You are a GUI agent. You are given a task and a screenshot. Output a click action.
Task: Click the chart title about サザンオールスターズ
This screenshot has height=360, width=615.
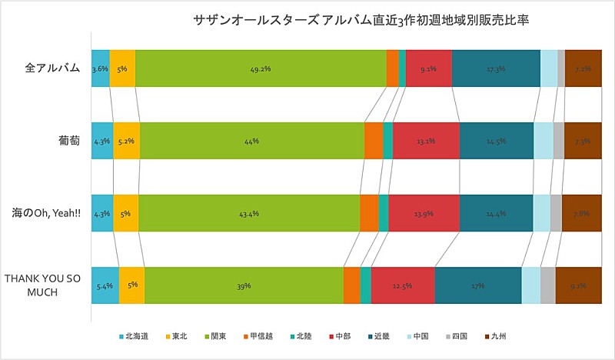click(x=361, y=21)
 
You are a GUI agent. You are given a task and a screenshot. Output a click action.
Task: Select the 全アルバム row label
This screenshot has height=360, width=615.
click(x=53, y=68)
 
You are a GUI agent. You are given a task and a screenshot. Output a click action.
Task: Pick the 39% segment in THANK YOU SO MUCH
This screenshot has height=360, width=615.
click(x=243, y=285)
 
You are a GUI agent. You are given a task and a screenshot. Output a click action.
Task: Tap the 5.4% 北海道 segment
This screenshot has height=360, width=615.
click(x=105, y=285)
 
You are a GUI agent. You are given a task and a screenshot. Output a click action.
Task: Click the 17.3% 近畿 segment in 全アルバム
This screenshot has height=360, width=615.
click(x=496, y=68)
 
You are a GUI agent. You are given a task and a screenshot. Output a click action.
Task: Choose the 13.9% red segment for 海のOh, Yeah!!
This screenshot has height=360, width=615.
click(x=424, y=213)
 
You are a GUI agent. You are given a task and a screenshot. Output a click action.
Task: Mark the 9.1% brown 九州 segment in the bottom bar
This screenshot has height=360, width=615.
click(x=578, y=285)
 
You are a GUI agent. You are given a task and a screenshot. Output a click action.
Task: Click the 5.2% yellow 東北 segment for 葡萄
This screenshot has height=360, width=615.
click(x=126, y=141)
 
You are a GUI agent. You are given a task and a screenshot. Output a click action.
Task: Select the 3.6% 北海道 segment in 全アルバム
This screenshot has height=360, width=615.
click(x=100, y=68)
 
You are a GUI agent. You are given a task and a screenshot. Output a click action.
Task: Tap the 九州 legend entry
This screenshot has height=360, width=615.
click(x=497, y=337)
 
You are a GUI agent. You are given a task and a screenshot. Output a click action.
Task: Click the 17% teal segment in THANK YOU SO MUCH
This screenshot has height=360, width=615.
click(x=477, y=285)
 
